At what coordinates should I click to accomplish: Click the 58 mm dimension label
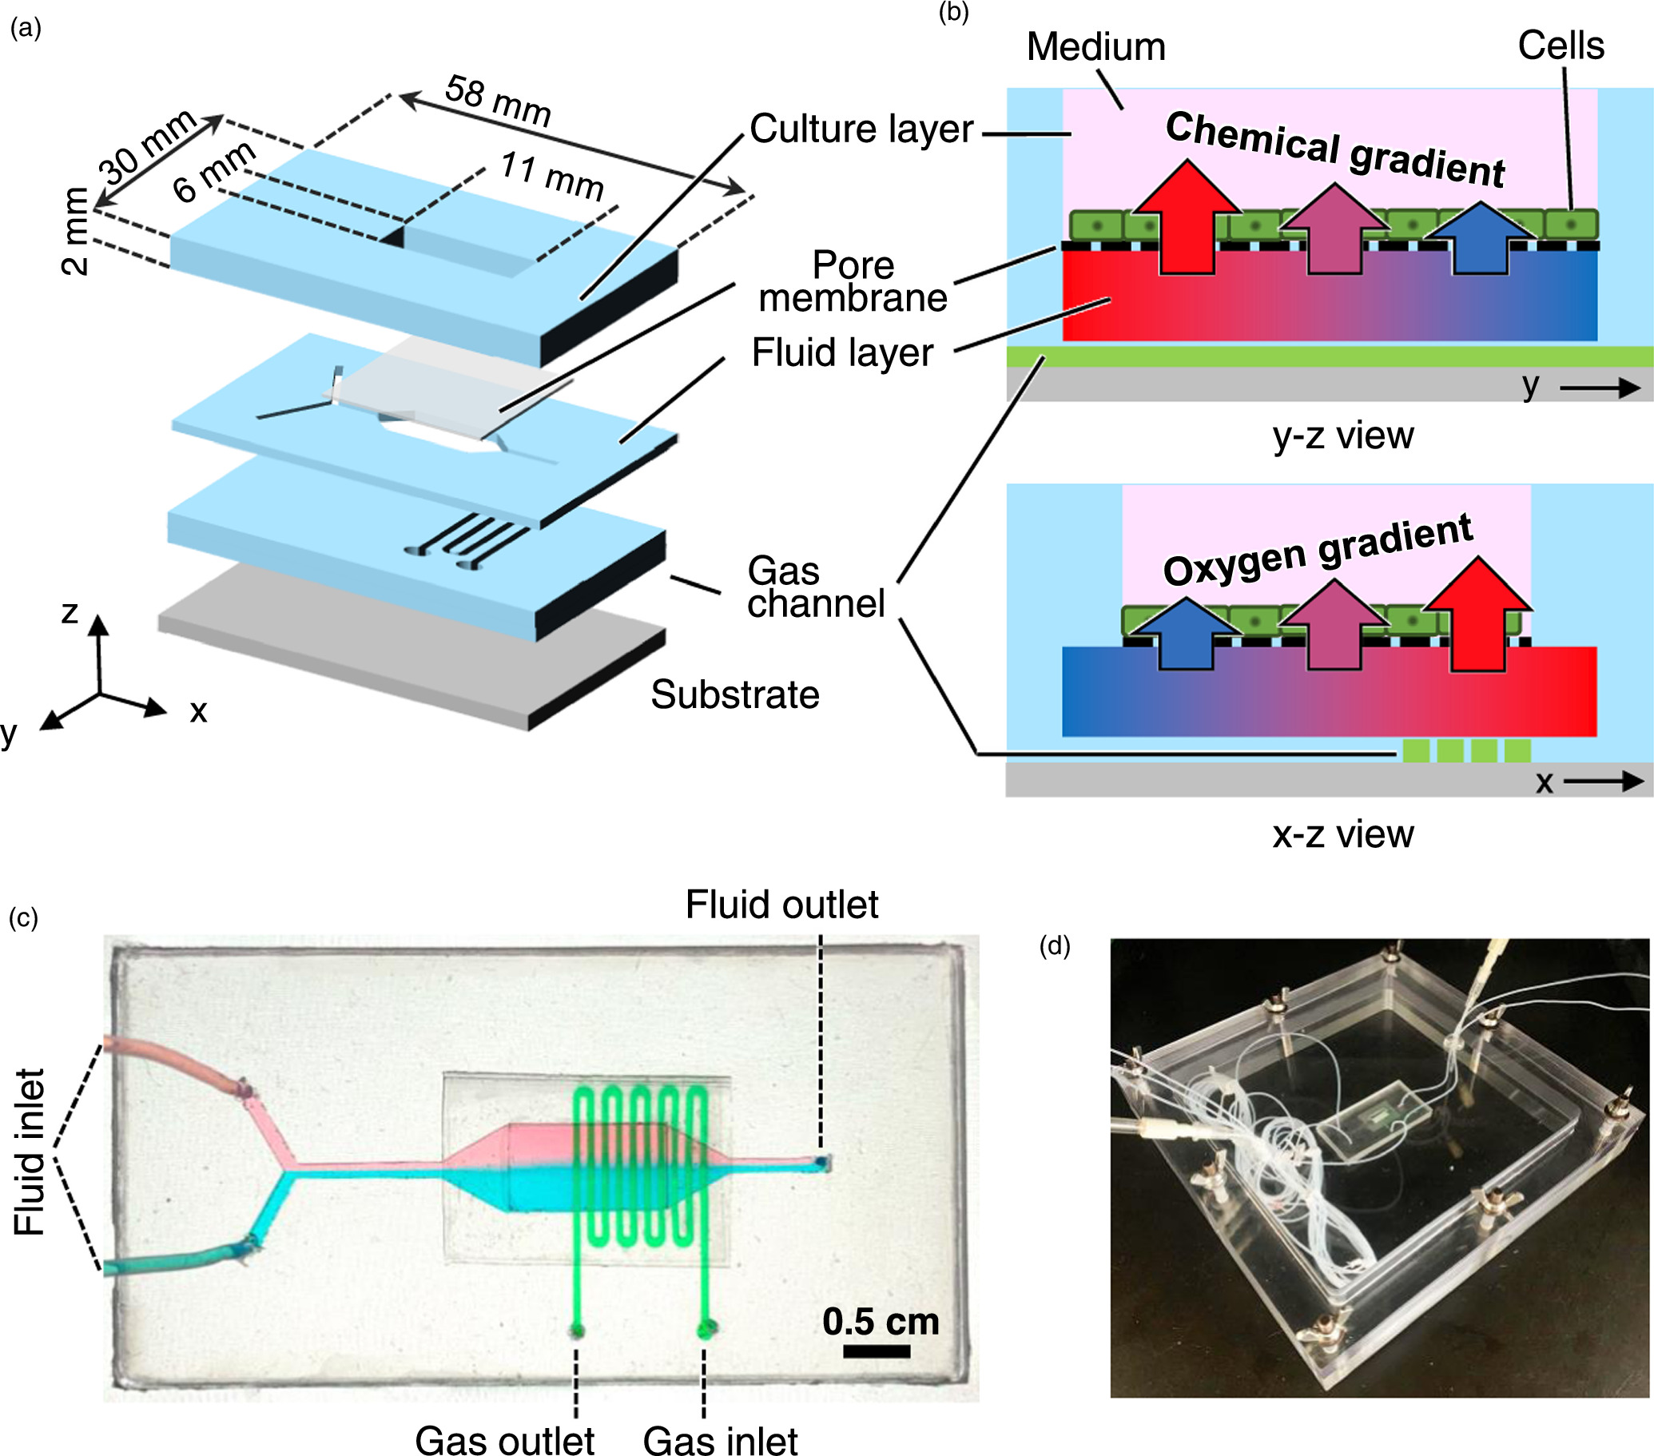click(x=498, y=101)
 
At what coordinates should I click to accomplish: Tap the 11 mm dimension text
click(x=552, y=176)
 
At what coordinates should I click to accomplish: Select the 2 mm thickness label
click(x=75, y=232)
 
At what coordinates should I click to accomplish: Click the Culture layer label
click(x=861, y=129)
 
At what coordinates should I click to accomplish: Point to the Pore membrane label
click(x=852, y=281)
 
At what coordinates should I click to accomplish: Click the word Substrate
click(x=735, y=694)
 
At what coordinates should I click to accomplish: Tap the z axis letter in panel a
click(x=70, y=613)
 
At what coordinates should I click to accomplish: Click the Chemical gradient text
click(x=1334, y=149)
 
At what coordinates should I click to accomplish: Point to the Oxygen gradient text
click(x=1317, y=550)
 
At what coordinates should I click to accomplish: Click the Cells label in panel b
click(x=1561, y=46)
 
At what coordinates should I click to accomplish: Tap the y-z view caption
click(x=1342, y=436)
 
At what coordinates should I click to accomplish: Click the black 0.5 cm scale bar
click(x=877, y=1351)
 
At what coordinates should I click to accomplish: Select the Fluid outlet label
click(x=781, y=905)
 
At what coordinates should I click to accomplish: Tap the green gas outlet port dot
click(x=577, y=1330)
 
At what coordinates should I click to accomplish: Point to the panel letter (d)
click(x=1054, y=945)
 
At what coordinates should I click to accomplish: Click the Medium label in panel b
click(x=1095, y=47)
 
